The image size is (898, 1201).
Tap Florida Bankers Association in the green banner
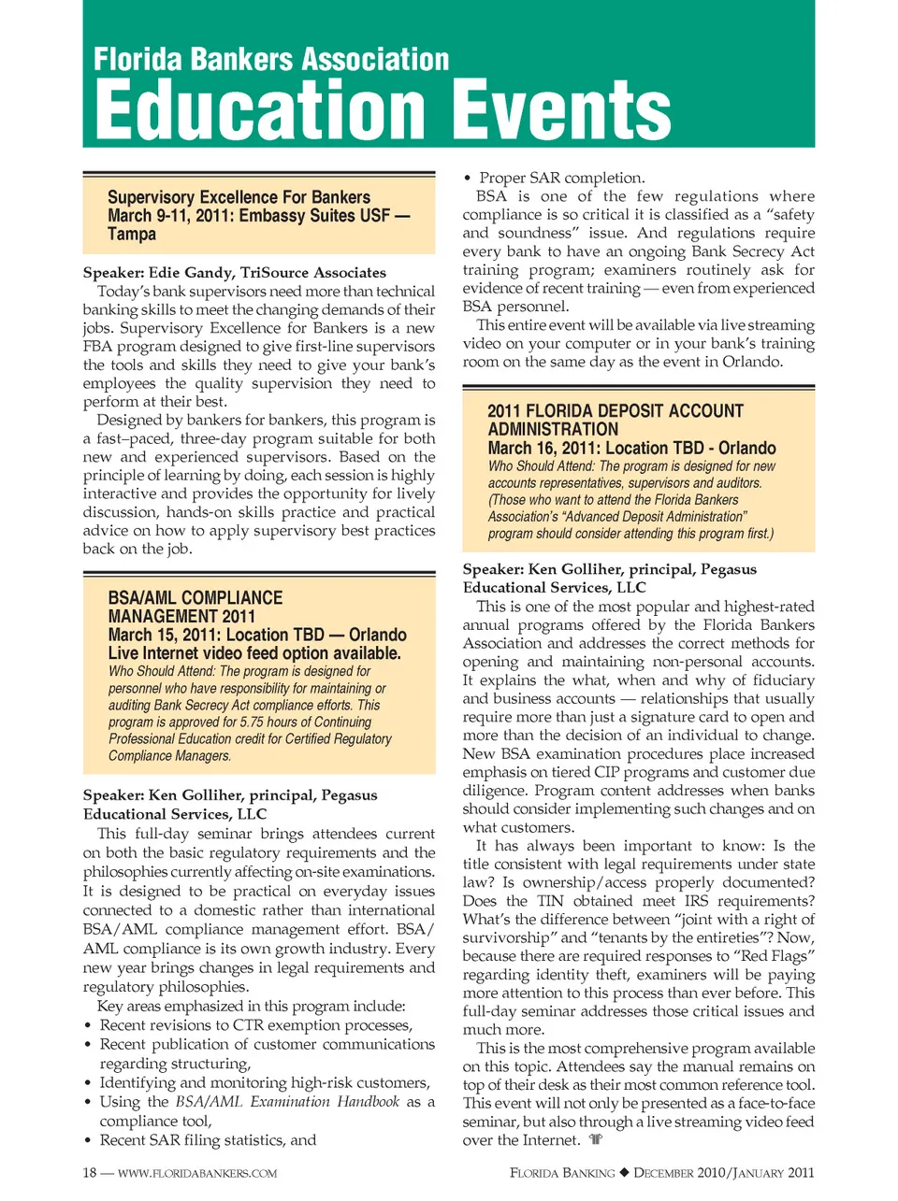tap(271, 60)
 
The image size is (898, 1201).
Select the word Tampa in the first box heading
tap(132, 234)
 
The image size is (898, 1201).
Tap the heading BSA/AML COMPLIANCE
tap(195, 598)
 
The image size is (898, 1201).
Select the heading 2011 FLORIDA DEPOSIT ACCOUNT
tap(615, 411)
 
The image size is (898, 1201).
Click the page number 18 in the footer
tap(90, 1173)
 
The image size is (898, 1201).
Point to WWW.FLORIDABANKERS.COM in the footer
tap(197, 1173)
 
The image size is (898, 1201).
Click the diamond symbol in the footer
tap(625, 1173)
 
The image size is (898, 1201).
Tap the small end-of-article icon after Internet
tap(596, 1139)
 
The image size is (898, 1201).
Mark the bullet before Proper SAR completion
tap(468, 179)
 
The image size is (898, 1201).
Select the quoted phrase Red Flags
tap(779, 955)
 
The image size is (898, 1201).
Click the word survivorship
tap(511, 937)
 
